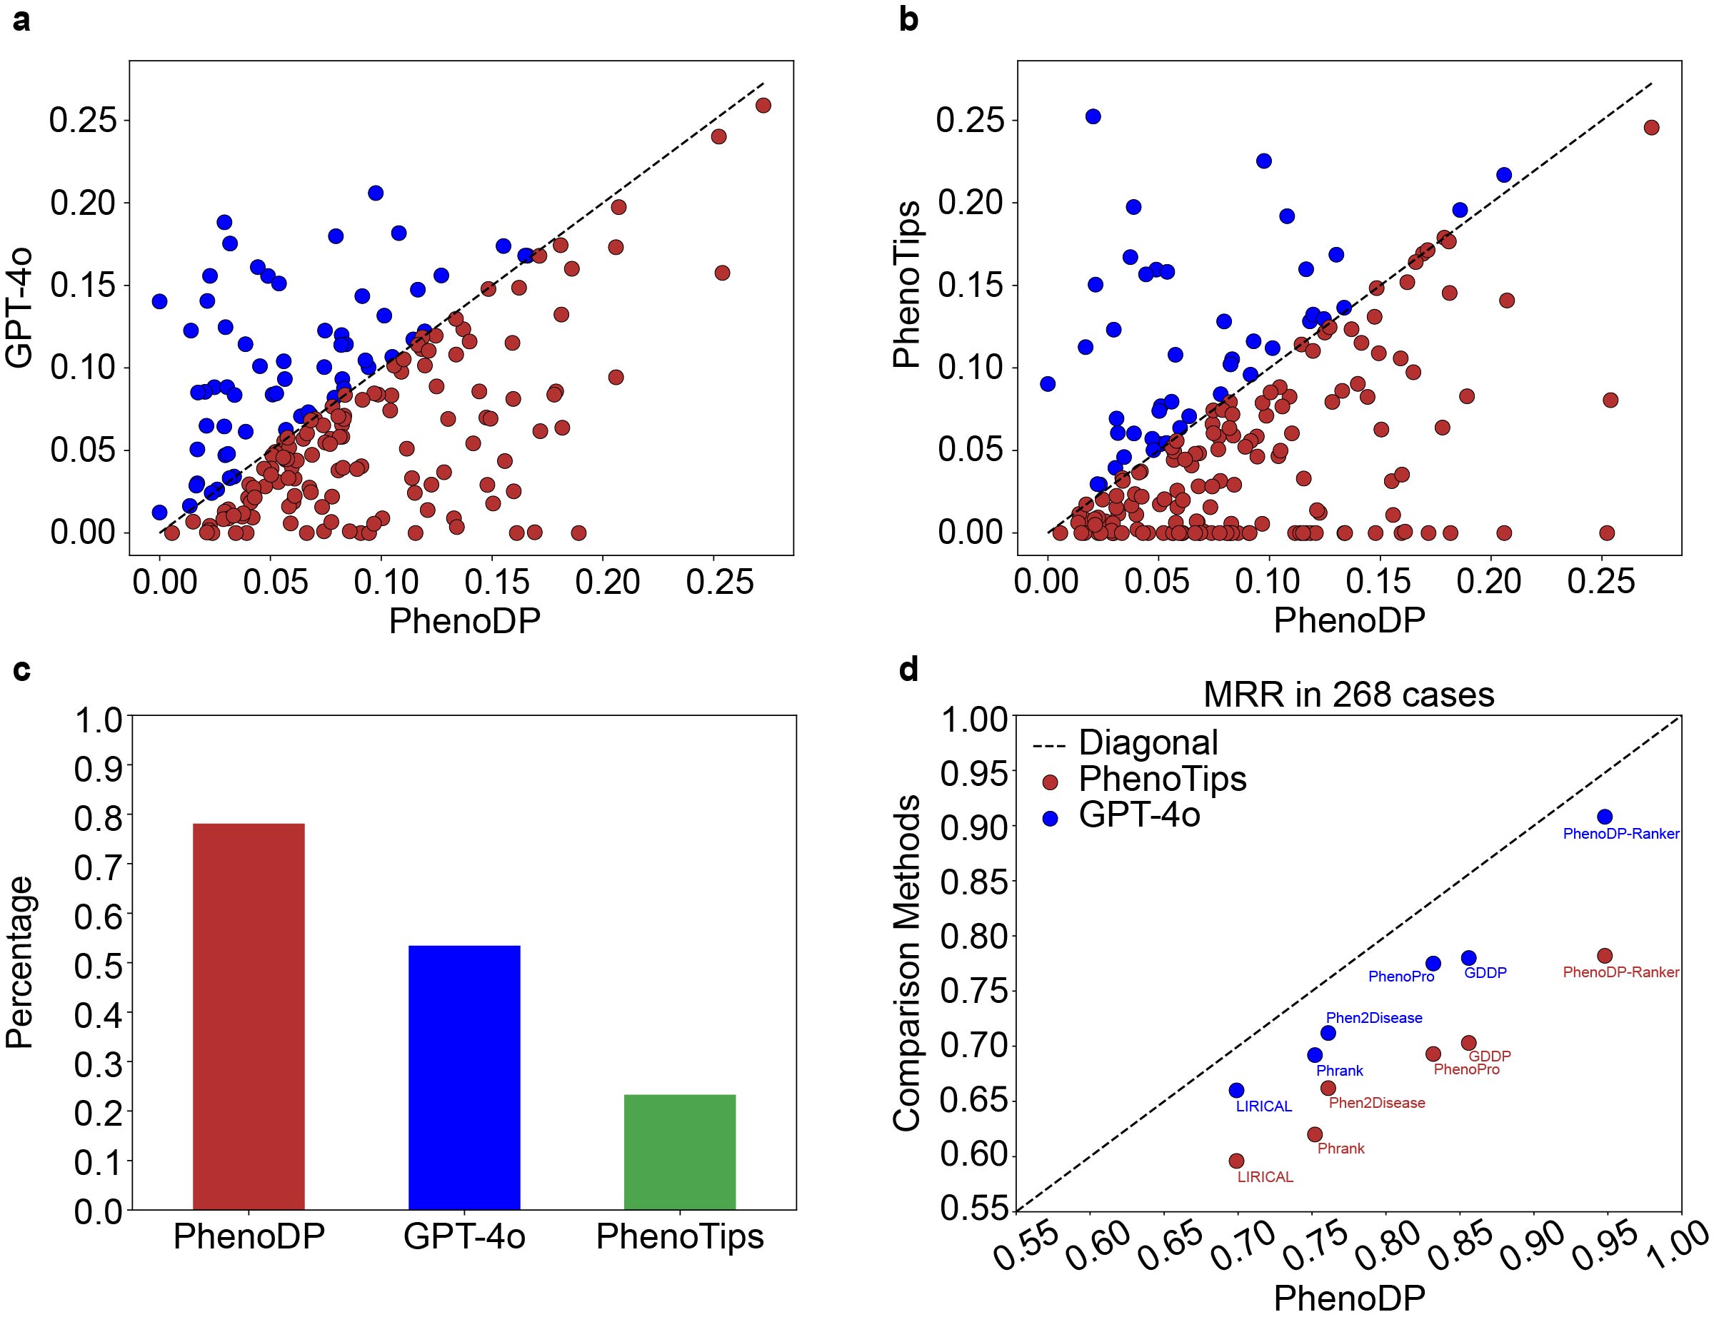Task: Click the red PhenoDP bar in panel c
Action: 249,1016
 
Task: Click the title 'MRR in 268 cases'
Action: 1348,695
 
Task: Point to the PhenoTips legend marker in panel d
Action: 1049,782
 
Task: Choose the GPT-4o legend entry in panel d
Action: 1139,814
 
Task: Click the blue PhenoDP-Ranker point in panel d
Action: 1605,817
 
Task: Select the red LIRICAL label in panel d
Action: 1265,1177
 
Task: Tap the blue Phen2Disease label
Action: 1374,1017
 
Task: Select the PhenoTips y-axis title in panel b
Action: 908,284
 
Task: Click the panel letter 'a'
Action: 21,21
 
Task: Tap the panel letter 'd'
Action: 908,670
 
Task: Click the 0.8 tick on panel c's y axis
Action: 98,818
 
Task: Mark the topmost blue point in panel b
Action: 1093,116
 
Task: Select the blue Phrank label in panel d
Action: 1340,1070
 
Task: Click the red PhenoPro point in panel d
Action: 1433,1054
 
